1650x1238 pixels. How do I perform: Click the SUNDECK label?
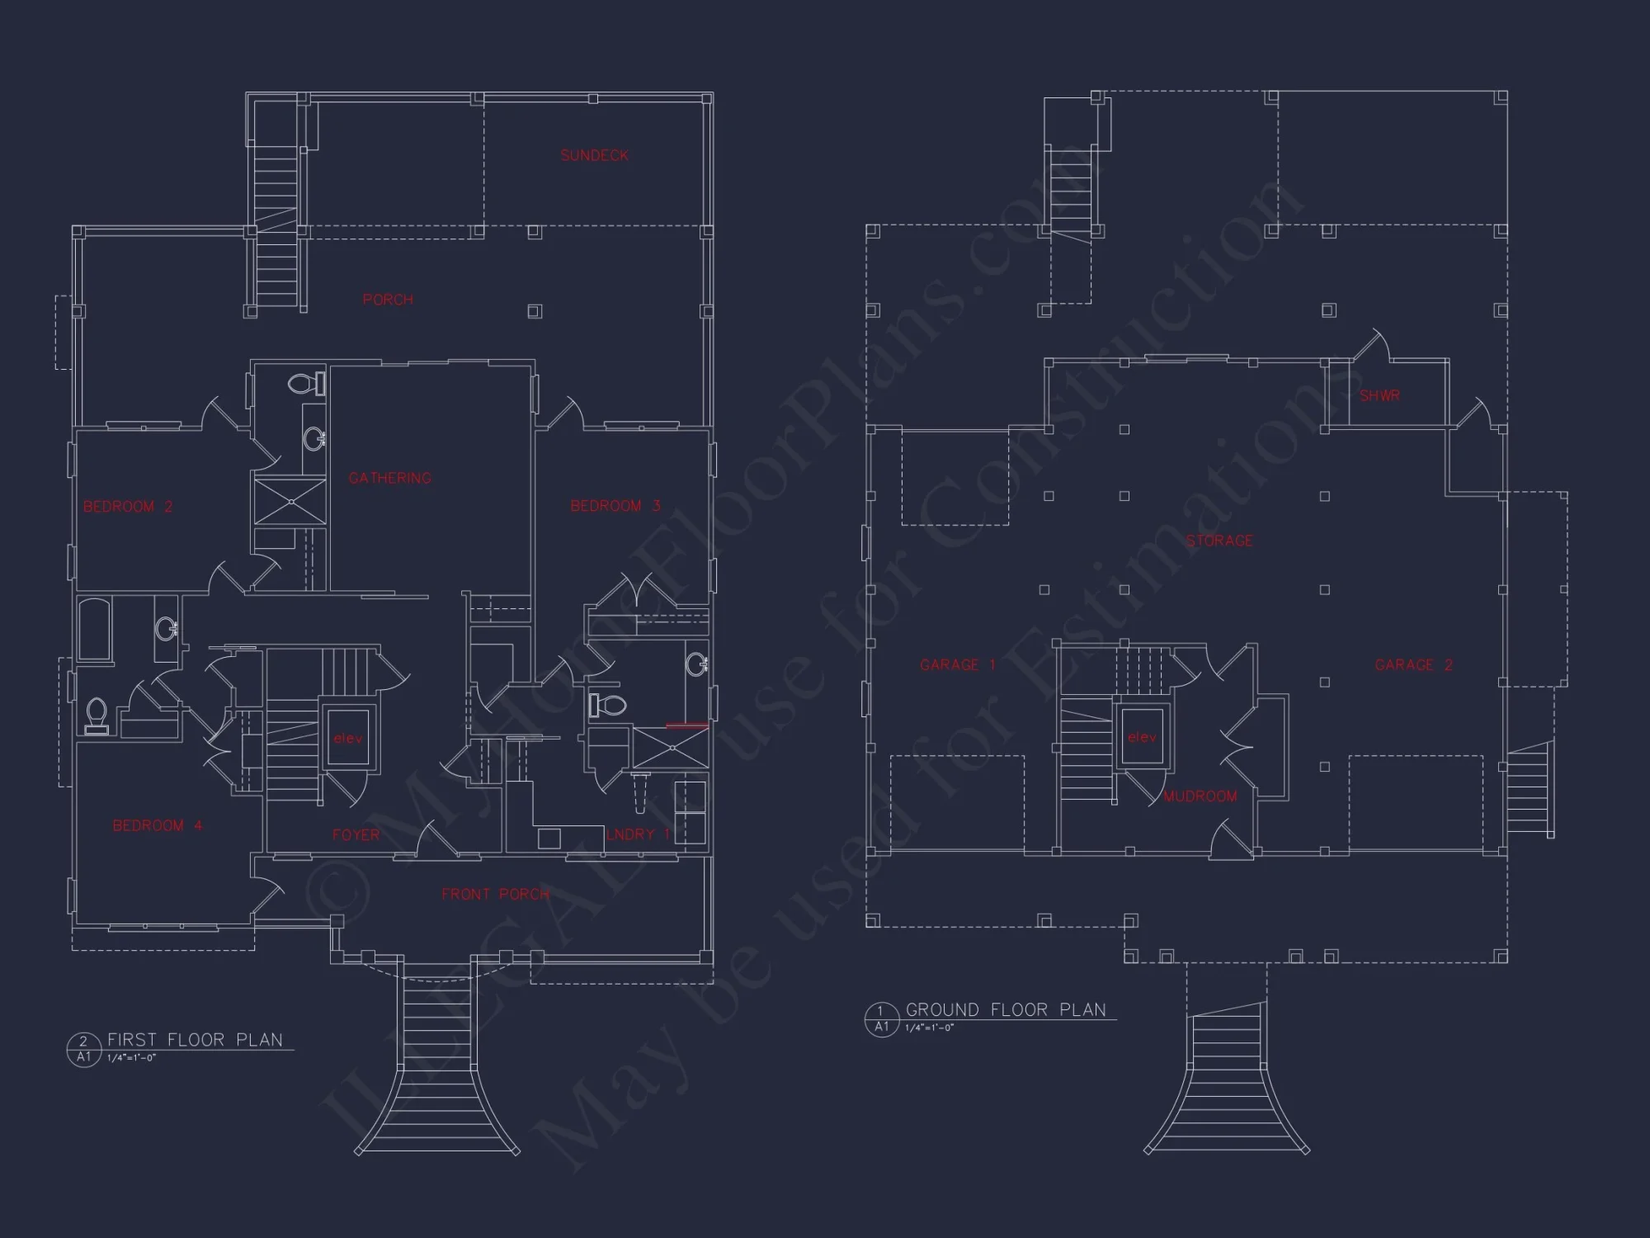[x=594, y=155]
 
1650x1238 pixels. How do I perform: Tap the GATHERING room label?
[x=389, y=478]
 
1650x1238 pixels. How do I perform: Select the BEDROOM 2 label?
[x=128, y=507]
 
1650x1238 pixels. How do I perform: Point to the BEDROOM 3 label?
[x=615, y=506]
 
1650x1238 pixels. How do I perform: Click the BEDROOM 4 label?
[x=157, y=825]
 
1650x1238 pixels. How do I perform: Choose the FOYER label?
[x=356, y=835]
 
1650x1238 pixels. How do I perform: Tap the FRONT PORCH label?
[x=495, y=894]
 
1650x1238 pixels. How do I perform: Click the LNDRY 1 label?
[x=638, y=834]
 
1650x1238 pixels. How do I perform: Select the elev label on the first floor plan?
[x=347, y=738]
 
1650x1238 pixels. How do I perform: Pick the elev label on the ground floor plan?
[x=1142, y=737]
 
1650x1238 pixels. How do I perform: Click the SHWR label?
[x=1379, y=395]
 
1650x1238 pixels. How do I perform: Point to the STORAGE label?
[x=1219, y=541]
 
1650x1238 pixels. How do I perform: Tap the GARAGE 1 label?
[x=957, y=664]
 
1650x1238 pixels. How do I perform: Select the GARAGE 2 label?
[x=1413, y=664]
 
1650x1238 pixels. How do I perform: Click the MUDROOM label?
[x=1200, y=796]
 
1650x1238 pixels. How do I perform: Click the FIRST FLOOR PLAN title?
[x=195, y=1040]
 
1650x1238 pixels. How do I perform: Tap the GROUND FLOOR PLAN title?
[x=1006, y=1009]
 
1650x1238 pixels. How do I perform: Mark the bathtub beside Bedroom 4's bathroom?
[x=95, y=631]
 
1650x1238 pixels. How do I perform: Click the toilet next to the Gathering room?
[x=307, y=384]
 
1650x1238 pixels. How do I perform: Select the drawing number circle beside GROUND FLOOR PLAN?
[x=881, y=1018]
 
